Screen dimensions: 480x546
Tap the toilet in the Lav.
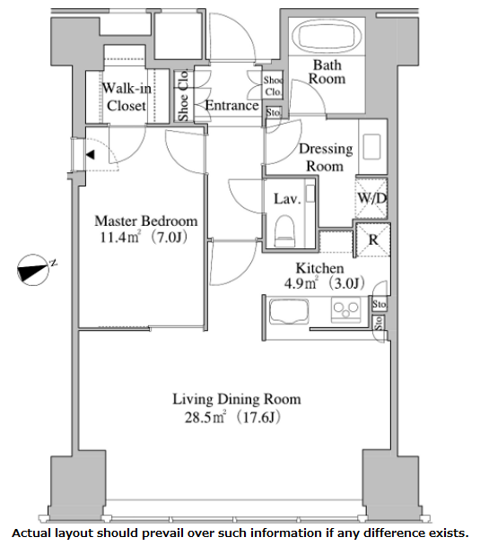coord(284,230)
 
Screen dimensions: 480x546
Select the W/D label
coord(372,198)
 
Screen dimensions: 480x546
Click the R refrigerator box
coord(373,240)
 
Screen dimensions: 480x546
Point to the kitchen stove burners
coord(345,309)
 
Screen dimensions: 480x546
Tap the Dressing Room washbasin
coord(371,147)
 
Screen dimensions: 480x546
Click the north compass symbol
coord(34,270)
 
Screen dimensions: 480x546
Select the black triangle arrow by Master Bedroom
coord(91,154)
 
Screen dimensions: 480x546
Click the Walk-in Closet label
coord(127,97)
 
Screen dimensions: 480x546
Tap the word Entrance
coord(231,106)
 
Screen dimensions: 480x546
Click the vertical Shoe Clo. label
coord(183,95)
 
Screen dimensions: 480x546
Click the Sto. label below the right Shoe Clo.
coord(274,112)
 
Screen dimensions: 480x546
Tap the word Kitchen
coord(319,268)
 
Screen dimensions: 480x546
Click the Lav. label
coord(287,199)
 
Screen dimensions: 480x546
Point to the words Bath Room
coord(327,72)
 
